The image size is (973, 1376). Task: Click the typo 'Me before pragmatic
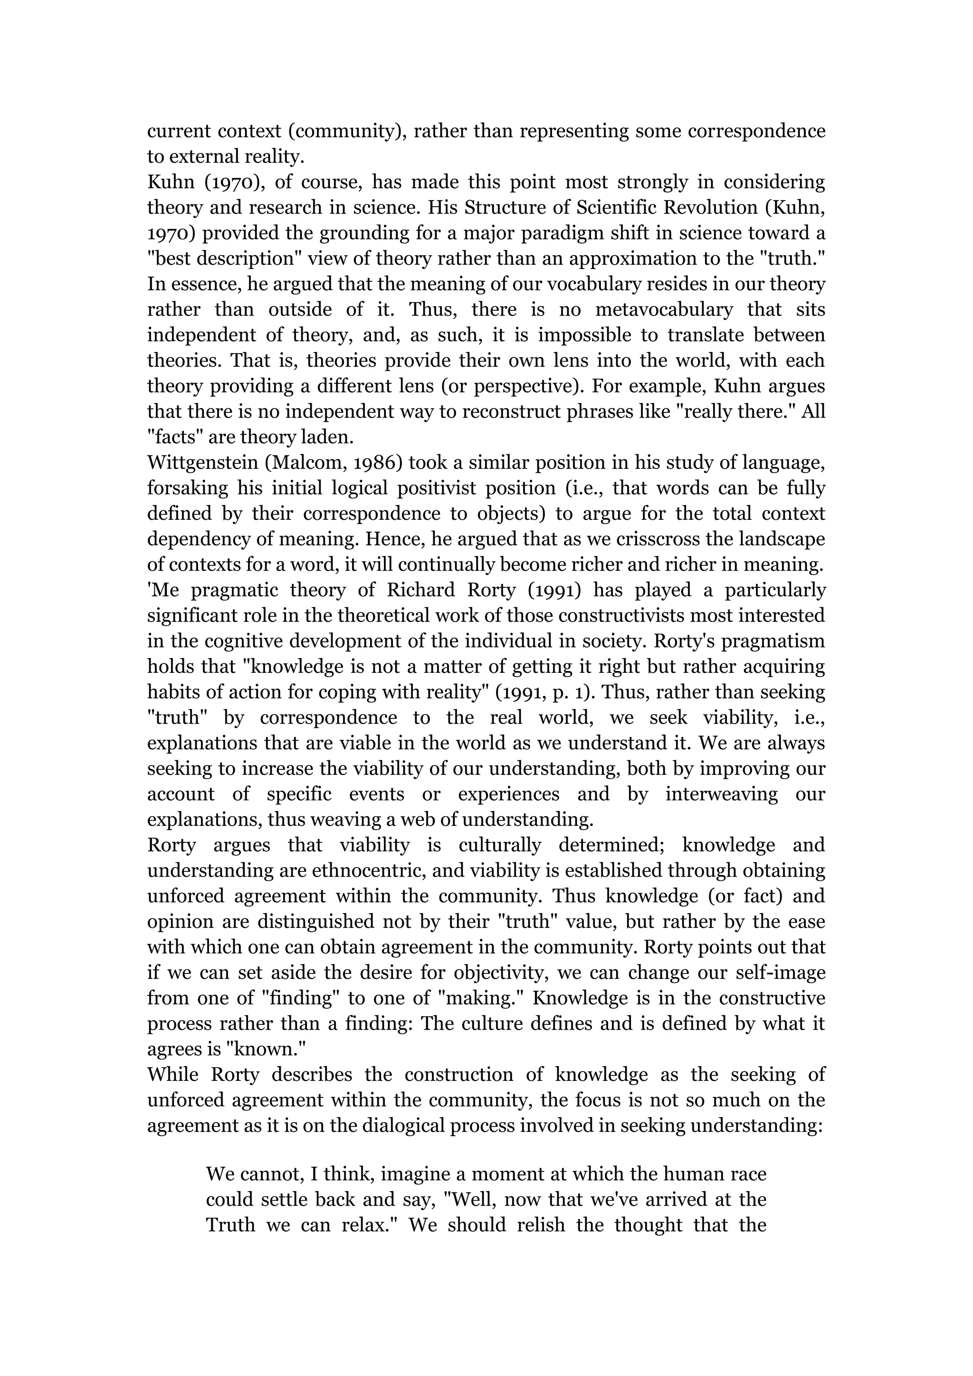(163, 590)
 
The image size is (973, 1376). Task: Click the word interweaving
(721, 794)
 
